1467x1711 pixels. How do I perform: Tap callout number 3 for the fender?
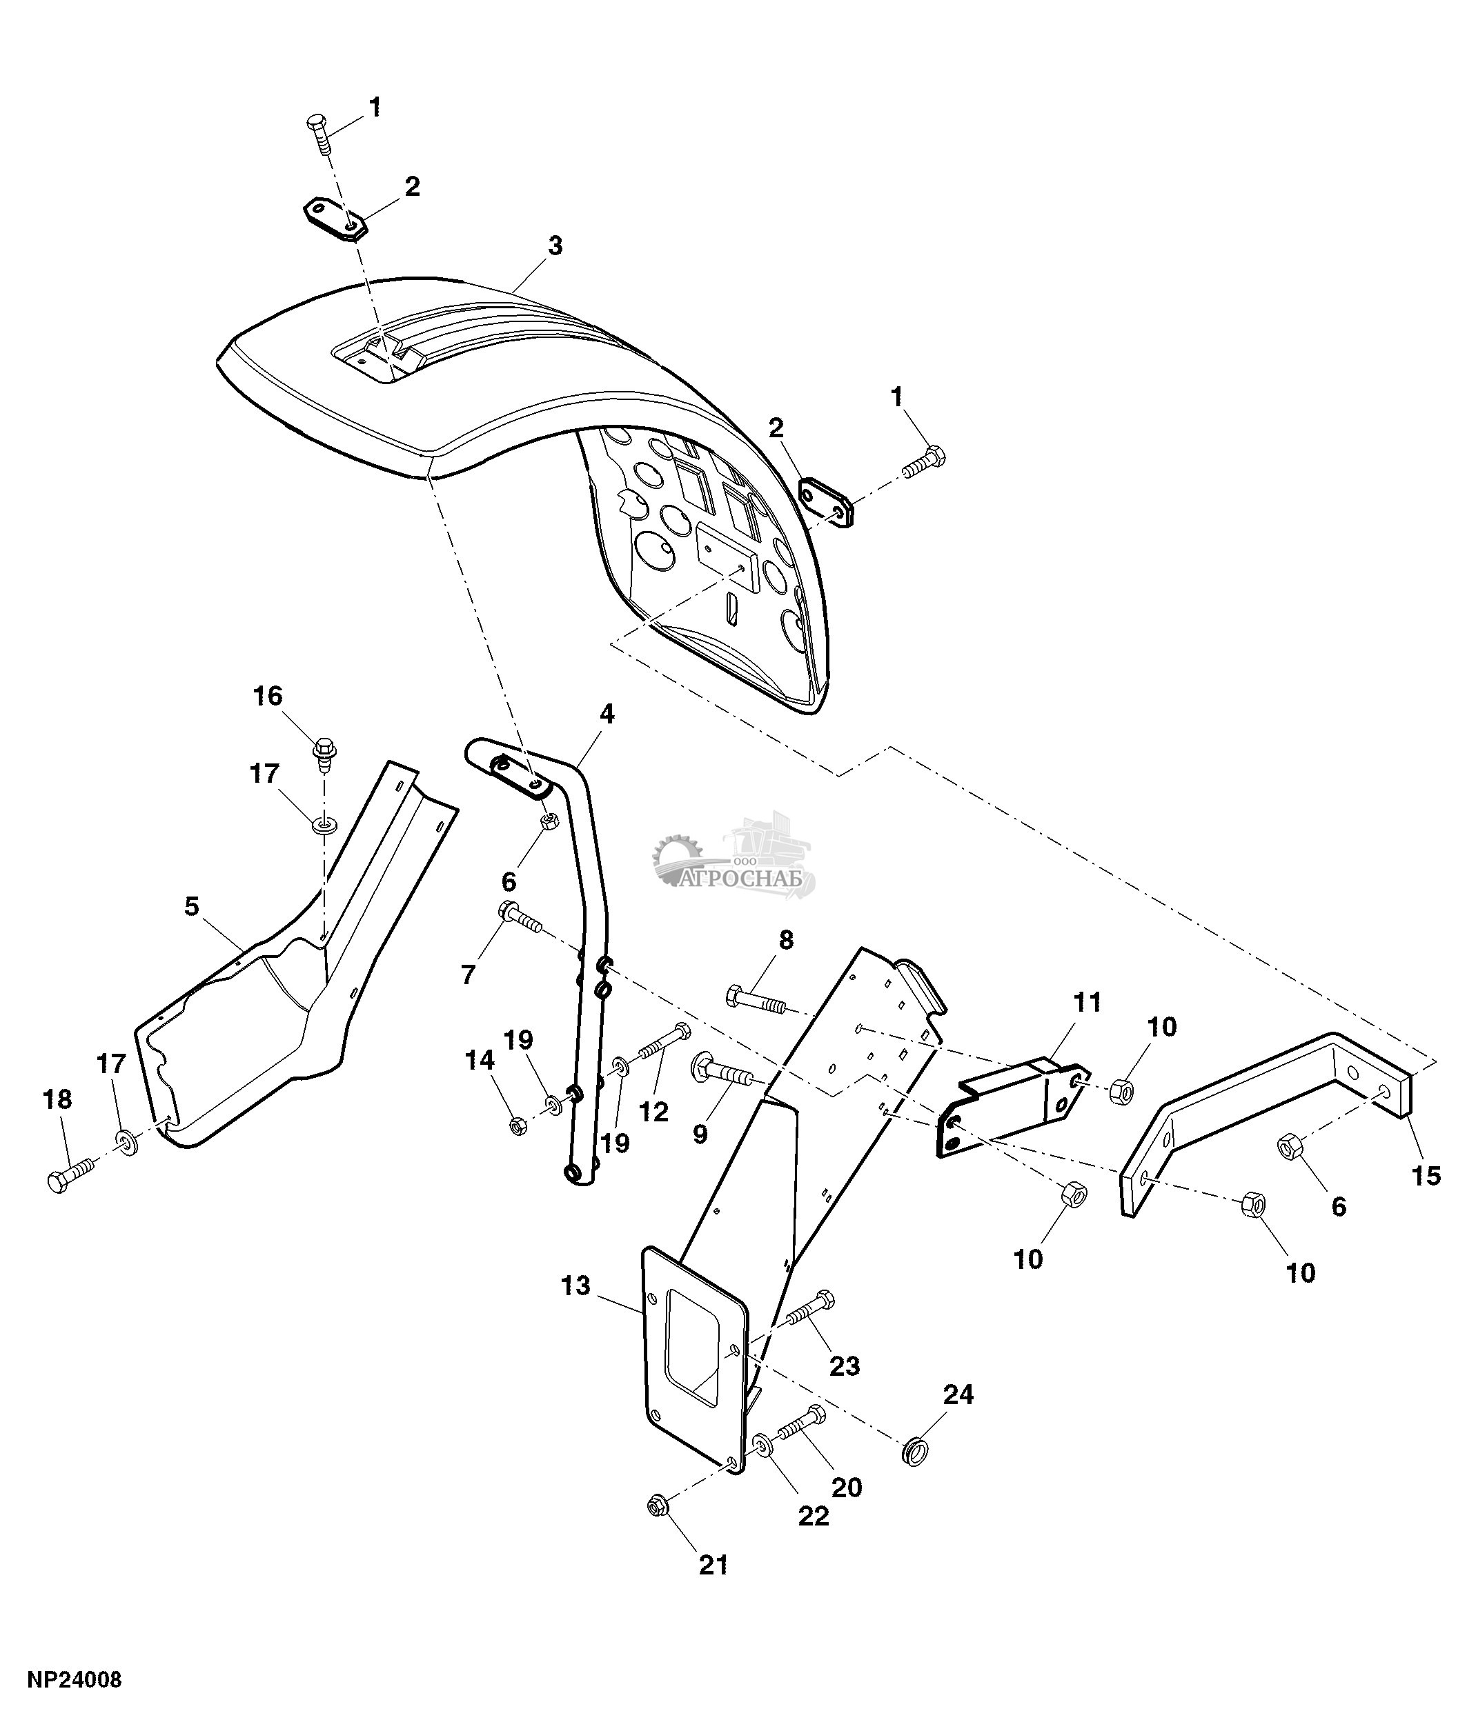pyautogui.click(x=555, y=246)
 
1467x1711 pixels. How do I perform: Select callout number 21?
pyautogui.click(x=713, y=1565)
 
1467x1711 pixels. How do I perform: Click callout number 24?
pyautogui.click(x=958, y=1394)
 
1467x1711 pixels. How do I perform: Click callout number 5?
pyautogui.click(x=192, y=907)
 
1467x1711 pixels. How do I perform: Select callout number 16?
pyautogui.click(x=268, y=696)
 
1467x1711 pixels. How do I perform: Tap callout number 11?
pyautogui.click(x=1088, y=1003)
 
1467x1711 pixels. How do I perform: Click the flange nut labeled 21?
pyautogui.click(x=660, y=1507)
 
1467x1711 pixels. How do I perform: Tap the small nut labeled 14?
pyautogui.click(x=518, y=1125)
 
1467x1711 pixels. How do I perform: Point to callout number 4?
pyautogui.click(x=607, y=714)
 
